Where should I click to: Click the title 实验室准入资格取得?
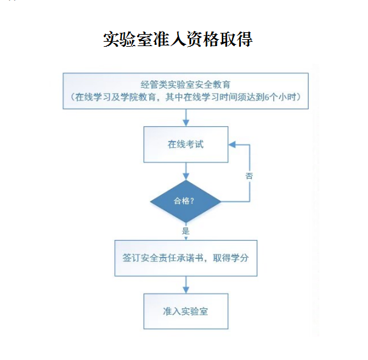[x=178, y=39]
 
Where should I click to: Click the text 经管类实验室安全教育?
[x=185, y=85]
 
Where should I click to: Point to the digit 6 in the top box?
[x=267, y=97]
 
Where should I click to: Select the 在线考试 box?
[x=186, y=145]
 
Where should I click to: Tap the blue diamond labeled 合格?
[x=186, y=201]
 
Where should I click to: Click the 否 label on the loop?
[x=249, y=176]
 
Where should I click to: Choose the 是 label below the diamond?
[x=186, y=231]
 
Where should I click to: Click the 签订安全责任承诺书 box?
[x=186, y=258]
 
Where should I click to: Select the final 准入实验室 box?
[x=186, y=311]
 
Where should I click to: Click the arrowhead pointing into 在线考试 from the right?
[x=232, y=145]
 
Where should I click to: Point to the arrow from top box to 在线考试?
[x=186, y=117]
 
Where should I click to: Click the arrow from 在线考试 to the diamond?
[x=186, y=171]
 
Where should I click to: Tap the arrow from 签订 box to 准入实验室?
[x=186, y=285]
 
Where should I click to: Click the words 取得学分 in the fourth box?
[x=231, y=258]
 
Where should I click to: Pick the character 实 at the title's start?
[x=111, y=39]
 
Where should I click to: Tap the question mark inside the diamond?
[x=192, y=201]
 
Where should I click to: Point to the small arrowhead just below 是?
[x=186, y=238]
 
